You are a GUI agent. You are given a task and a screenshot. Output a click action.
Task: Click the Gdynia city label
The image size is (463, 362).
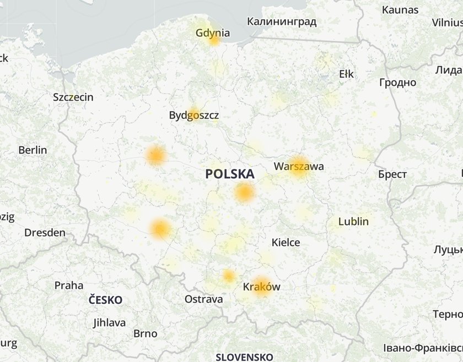tap(213, 33)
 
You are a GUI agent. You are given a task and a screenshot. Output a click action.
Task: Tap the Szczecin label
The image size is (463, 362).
tap(73, 97)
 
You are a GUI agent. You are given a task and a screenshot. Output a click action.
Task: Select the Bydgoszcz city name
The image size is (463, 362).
tap(193, 116)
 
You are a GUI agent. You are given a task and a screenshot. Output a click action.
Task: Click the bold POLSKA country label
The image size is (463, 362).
tap(230, 174)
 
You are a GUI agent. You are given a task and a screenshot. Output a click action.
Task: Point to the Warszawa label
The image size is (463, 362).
tap(299, 166)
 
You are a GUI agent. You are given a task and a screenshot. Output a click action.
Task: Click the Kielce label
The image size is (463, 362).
tap(286, 243)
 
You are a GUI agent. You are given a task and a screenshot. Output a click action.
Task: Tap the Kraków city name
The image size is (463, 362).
tap(261, 287)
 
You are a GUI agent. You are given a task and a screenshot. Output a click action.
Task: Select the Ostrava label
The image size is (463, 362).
tap(203, 300)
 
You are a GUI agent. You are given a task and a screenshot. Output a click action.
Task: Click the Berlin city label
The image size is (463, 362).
tap(33, 150)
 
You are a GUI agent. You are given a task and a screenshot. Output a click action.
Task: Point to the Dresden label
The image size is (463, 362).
tap(45, 233)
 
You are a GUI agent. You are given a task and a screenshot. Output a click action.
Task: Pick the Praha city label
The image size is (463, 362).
tap(69, 286)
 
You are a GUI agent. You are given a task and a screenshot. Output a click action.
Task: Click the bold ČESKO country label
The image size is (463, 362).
tap(105, 300)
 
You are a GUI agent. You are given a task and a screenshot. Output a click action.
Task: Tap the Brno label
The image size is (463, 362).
tap(145, 334)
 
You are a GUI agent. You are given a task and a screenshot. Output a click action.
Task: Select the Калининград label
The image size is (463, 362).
tap(282, 22)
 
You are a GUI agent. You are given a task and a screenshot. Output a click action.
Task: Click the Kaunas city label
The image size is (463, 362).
tap(400, 10)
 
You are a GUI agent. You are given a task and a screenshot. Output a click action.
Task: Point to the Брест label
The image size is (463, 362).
tap(392, 174)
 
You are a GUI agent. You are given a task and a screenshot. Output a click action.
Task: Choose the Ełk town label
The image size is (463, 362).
tap(347, 74)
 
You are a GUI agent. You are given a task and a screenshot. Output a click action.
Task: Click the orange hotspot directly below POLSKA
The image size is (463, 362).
tap(244, 193)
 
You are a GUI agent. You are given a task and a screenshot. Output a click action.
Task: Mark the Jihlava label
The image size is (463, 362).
tap(109, 323)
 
